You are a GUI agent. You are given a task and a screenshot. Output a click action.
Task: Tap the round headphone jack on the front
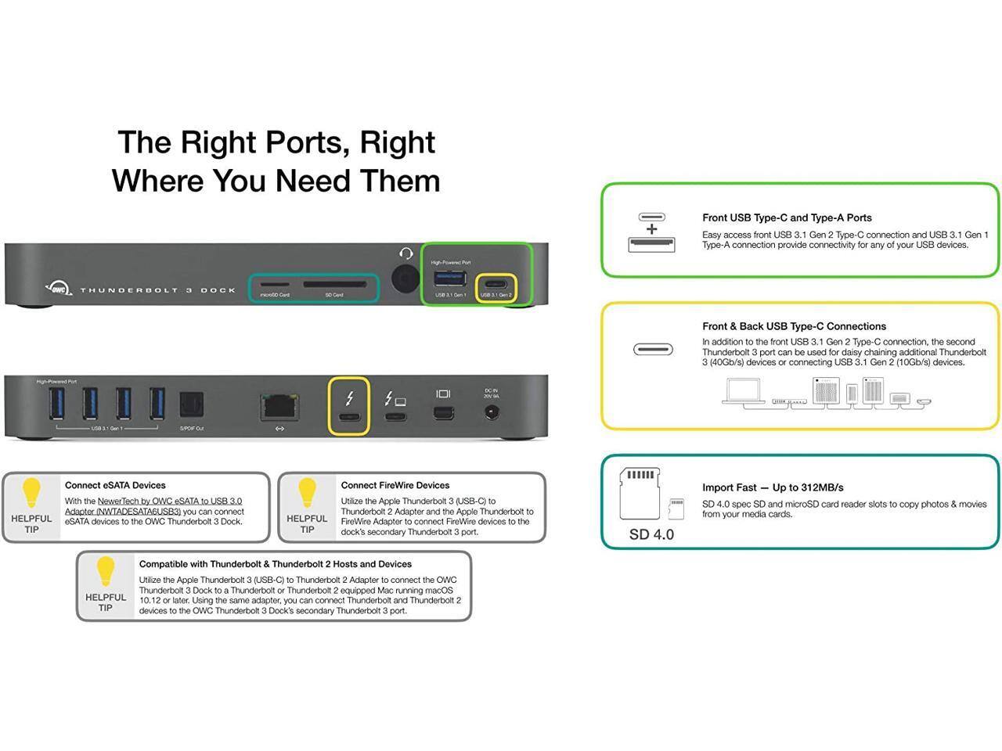click(x=405, y=278)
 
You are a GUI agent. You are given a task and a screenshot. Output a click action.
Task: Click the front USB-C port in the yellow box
click(x=496, y=283)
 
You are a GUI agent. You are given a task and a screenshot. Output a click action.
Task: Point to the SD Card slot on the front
click(x=333, y=285)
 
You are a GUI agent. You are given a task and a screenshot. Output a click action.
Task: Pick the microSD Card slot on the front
click(x=274, y=285)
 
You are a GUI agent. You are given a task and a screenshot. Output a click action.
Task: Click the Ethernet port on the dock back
click(x=279, y=407)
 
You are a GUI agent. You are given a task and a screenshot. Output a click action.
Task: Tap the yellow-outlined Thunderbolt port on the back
click(x=349, y=415)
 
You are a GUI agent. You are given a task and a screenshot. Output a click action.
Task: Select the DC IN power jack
click(x=492, y=412)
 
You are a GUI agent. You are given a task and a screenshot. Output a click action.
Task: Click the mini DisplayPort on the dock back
click(x=443, y=413)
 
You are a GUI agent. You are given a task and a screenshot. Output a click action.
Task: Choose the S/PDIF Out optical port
click(x=191, y=404)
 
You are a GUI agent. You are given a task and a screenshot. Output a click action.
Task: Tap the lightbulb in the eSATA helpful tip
click(x=31, y=494)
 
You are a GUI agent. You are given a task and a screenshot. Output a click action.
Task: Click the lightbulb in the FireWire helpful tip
click(x=307, y=494)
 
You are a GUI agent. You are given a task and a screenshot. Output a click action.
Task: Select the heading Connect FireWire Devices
click(x=395, y=485)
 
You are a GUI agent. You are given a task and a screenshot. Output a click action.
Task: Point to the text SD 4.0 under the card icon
click(x=651, y=534)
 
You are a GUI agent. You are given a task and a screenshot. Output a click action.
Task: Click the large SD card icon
click(x=640, y=493)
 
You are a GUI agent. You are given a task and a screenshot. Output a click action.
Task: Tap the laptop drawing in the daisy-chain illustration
click(x=744, y=390)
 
